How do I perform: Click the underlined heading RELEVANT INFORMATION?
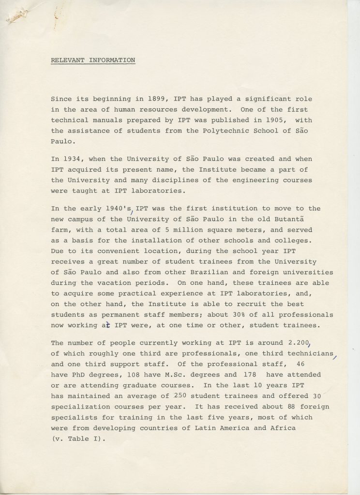[x=93, y=60]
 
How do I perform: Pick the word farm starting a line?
[x=60, y=230]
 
